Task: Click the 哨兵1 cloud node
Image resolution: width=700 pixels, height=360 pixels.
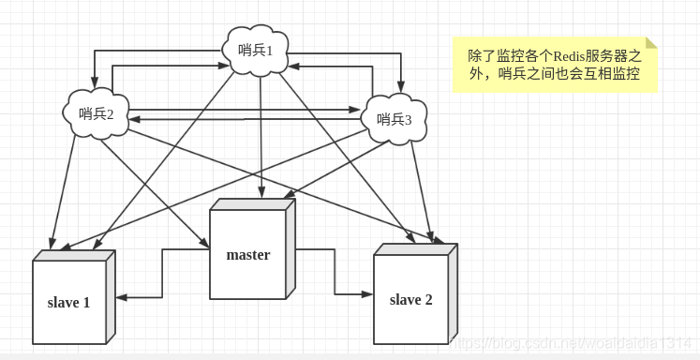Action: [x=256, y=49]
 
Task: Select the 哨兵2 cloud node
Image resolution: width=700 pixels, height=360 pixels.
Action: [x=97, y=113]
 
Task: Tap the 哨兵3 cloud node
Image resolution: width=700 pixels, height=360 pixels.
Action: [x=394, y=118]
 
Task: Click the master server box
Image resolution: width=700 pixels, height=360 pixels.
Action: [x=249, y=253]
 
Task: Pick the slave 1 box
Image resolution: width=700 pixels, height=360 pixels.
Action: [x=70, y=302]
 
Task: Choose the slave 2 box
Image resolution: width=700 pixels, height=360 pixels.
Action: [x=411, y=299]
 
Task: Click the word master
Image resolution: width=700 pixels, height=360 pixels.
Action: [x=248, y=255]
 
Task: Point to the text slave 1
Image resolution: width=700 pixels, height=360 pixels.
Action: [x=69, y=303]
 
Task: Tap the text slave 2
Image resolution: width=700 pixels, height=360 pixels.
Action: [x=411, y=300]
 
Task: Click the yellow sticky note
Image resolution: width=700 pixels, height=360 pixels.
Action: [x=554, y=65]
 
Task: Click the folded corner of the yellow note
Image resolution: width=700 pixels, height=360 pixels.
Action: [x=650, y=43]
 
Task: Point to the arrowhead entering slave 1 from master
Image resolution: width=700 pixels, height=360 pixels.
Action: [x=123, y=297]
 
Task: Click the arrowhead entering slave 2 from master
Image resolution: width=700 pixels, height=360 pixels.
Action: [x=367, y=293]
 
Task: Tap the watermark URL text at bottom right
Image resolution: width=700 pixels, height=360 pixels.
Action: [x=572, y=344]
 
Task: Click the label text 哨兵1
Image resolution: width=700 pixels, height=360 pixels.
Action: [x=255, y=50]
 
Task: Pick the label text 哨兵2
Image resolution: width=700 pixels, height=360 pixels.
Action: [x=97, y=114]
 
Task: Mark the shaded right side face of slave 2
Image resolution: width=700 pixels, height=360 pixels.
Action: [x=453, y=295]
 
